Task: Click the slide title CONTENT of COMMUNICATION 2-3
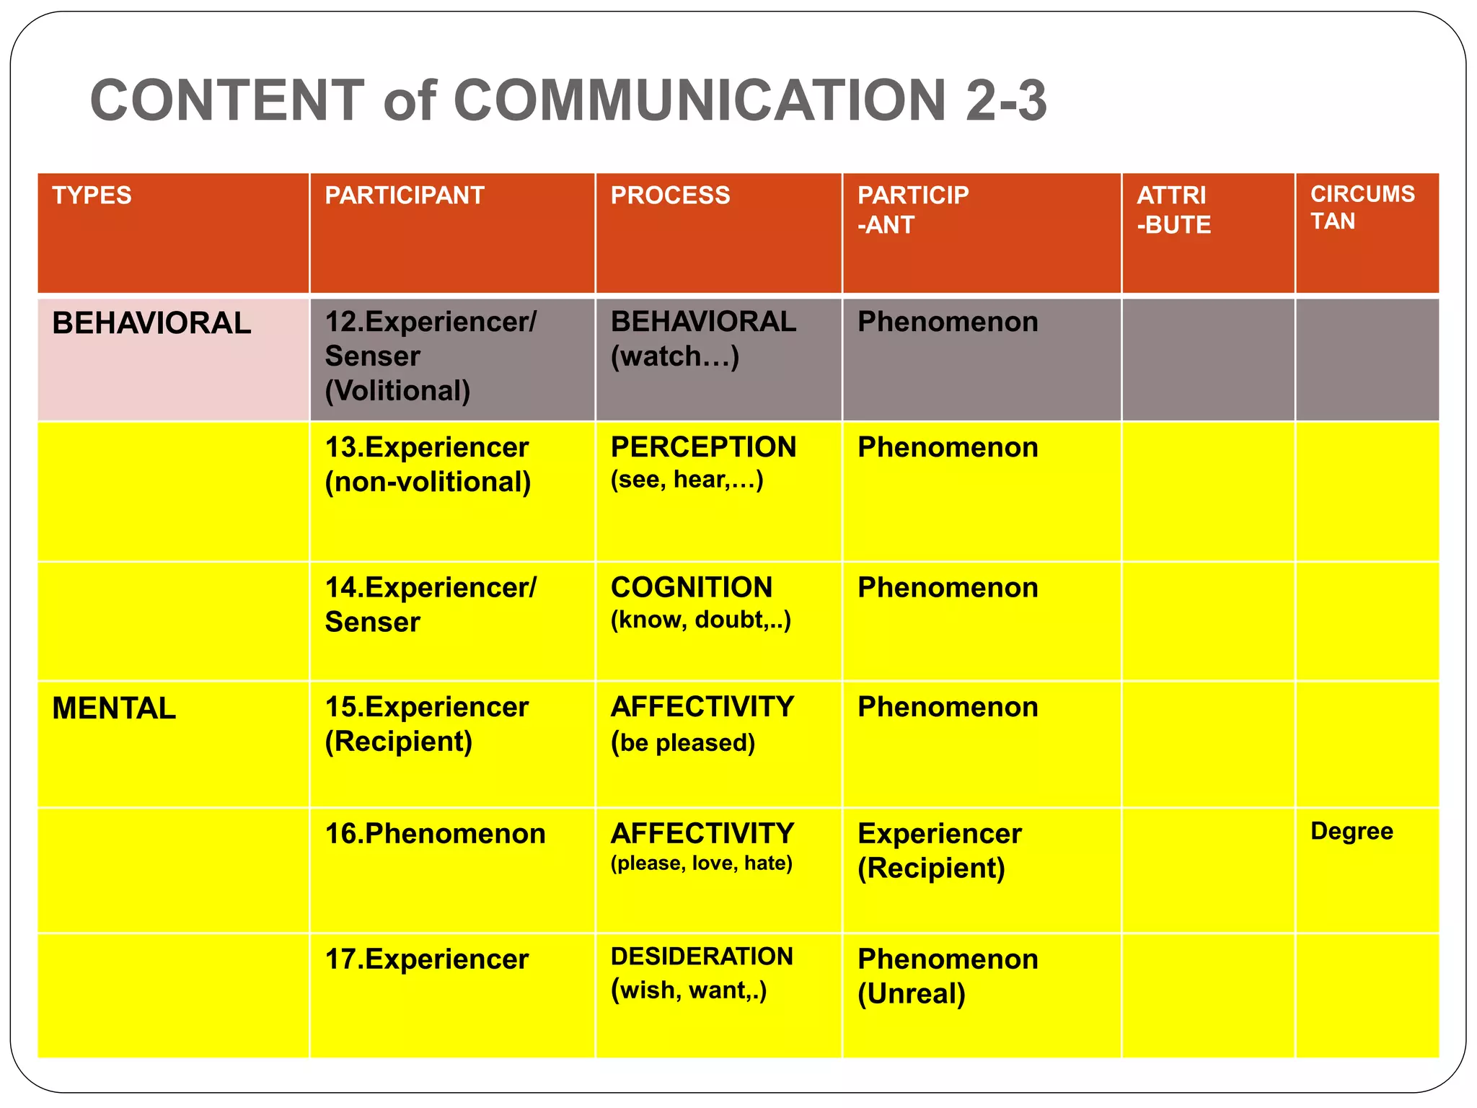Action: point(568,100)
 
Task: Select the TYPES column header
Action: point(92,195)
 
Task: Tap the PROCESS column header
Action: point(670,195)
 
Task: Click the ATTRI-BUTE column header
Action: point(1173,210)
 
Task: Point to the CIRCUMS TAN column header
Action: point(1362,208)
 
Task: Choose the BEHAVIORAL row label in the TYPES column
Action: point(151,323)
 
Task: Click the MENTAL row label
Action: point(114,708)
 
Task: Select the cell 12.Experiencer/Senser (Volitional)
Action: point(430,356)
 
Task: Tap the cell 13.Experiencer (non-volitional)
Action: point(428,465)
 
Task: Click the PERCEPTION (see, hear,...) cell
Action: point(703,462)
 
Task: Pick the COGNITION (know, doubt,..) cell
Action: point(700,602)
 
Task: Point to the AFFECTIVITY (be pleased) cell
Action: point(702,724)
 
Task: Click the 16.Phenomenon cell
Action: point(435,834)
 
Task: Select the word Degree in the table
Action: point(1352,831)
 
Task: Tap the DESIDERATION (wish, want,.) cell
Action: point(701,972)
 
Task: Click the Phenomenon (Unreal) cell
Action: point(948,976)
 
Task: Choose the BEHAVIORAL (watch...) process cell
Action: point(703,339)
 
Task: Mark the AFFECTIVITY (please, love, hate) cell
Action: point(702,847)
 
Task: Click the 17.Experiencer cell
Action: point(426,959)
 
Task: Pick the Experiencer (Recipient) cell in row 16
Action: point(939,850)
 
